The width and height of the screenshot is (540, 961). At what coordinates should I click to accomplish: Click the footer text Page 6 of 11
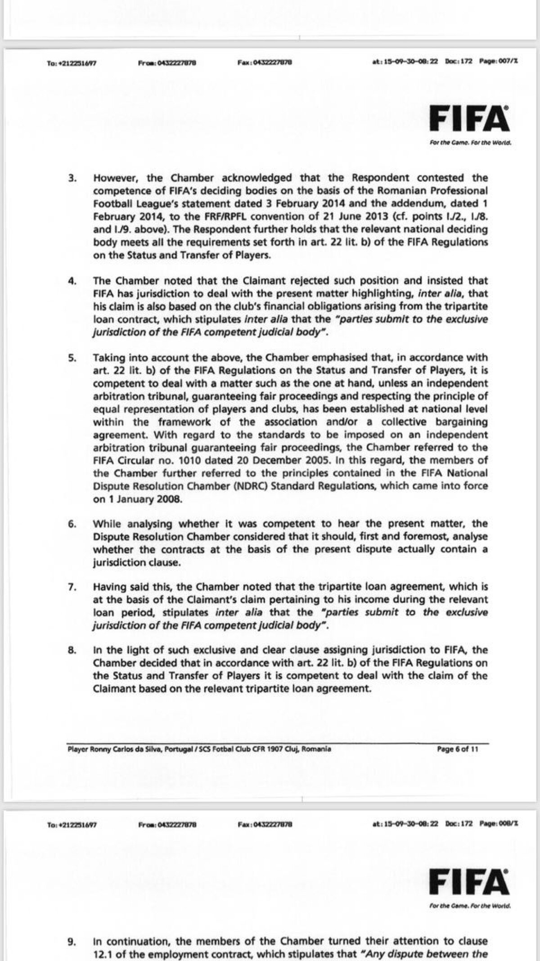point(455,750)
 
